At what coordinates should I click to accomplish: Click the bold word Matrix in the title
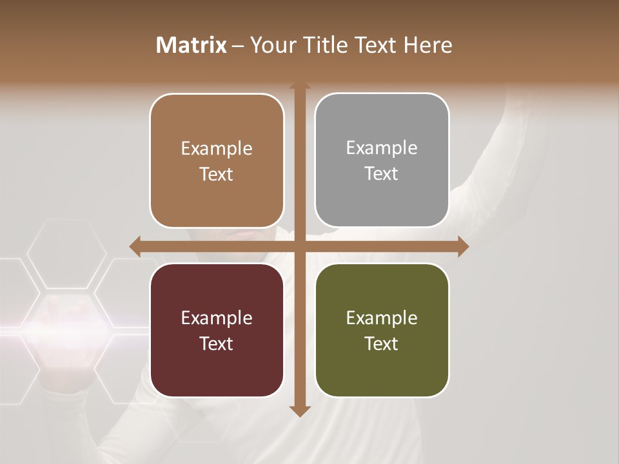(192, 45)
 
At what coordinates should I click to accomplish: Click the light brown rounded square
(217, 160)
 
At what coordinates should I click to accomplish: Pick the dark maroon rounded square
(217, 330)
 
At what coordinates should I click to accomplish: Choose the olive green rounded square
(382, 330)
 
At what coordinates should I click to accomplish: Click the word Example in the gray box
(382, 148)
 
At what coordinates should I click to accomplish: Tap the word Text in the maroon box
(217, 343)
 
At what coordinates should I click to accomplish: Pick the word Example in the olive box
(382, 318)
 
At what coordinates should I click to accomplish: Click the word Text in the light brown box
(217, 174)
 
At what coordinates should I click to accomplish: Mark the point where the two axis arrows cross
(300, 247)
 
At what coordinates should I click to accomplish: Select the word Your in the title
(270, 45)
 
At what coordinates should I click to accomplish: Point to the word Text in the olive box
(382, 343)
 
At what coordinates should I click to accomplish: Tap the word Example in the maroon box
(217, 318)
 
